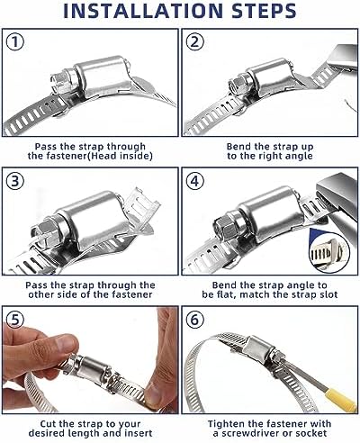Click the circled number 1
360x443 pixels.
[x=15, y=41]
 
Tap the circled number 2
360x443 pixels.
[x=194, y=41]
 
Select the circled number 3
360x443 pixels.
[x=15, y=181]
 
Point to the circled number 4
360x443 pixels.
[x=194, y=181]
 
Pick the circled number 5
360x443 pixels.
[x=15, y=320]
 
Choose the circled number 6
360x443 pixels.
[x=194, y=320]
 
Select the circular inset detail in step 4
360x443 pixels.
[x=329, y=252]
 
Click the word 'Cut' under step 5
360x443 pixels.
[x=48, y=424]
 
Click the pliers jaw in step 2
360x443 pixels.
[x=342, y=59]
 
